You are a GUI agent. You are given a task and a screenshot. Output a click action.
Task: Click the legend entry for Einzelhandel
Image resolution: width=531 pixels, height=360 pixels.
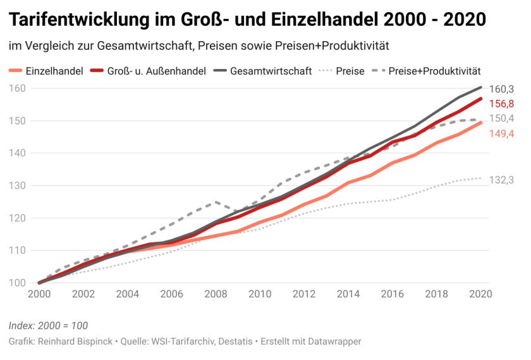pos(54,71)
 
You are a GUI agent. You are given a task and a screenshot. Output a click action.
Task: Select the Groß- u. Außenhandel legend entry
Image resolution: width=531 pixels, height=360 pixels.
pos(157,71)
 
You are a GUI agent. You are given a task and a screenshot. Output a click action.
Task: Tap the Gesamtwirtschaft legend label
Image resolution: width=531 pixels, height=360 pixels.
pos(271,71)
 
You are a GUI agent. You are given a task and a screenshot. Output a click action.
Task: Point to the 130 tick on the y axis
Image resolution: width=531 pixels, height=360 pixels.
pos(18,185)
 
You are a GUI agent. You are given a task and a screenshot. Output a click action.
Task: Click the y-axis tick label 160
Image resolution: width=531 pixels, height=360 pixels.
pos(18,88)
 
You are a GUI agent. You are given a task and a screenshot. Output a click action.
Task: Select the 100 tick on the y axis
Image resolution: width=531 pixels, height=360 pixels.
pos(18,283)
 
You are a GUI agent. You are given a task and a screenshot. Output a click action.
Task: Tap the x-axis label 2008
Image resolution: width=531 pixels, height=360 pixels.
pos(216,294)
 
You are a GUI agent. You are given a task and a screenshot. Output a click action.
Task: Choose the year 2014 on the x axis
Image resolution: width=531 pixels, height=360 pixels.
pos(348,294)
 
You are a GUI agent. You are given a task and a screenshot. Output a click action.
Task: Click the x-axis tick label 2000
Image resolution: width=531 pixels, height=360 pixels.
pos(39,294)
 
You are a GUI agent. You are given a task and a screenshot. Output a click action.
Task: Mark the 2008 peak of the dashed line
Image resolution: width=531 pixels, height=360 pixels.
pos(216,202)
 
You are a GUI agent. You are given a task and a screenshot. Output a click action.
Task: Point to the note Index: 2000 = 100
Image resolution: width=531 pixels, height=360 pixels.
pos(48,326)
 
